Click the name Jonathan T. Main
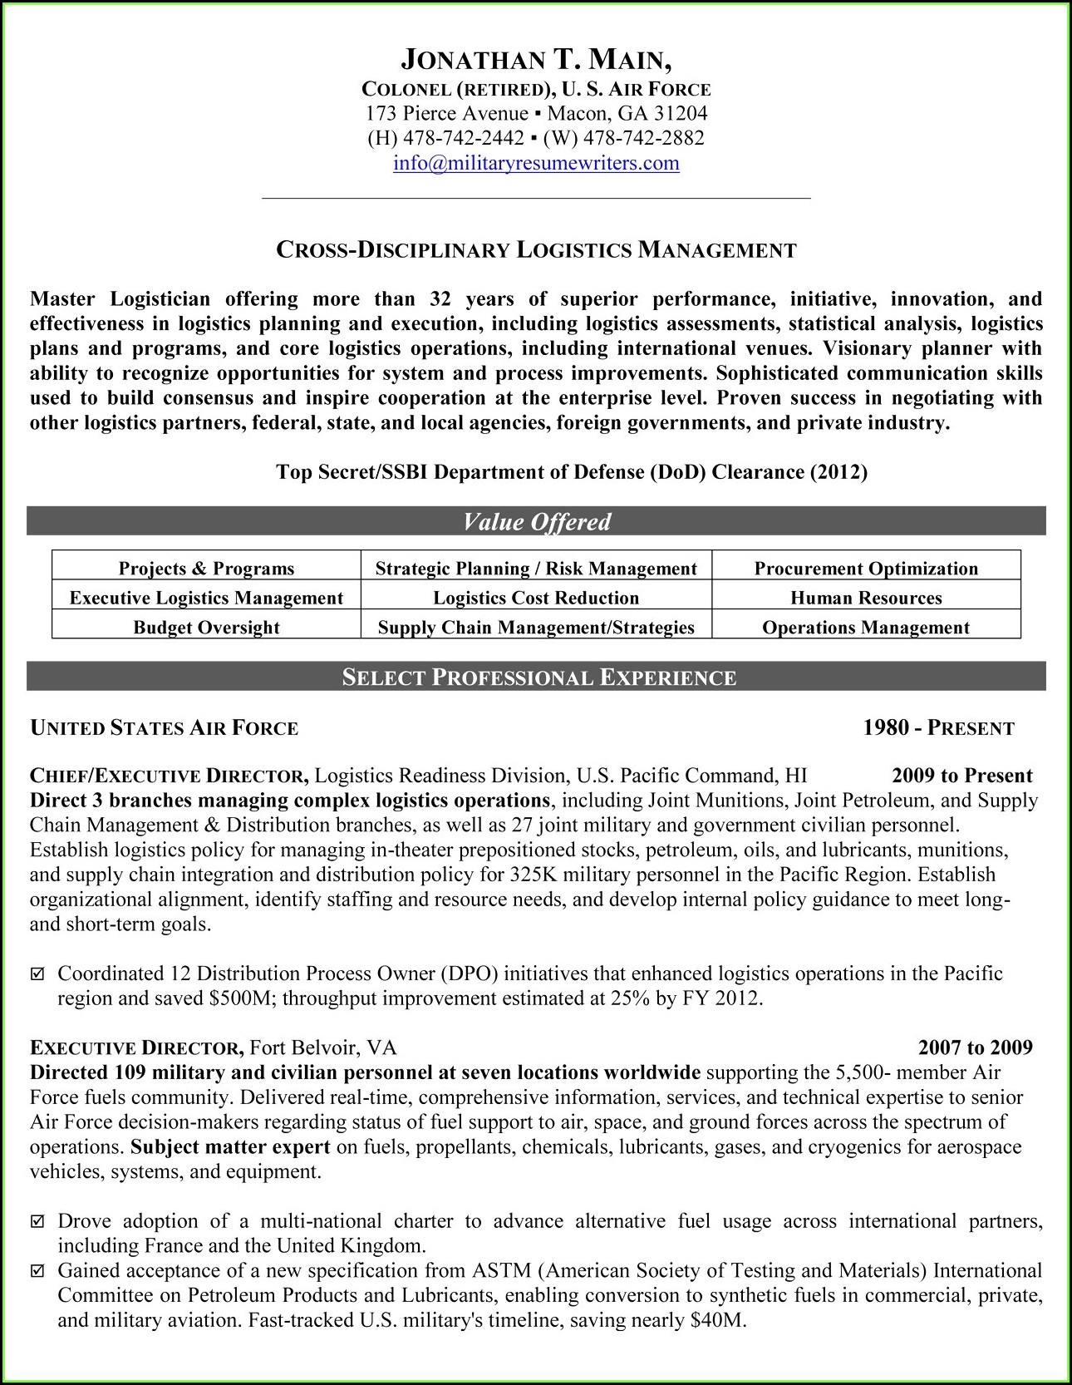click(x=536, y=60)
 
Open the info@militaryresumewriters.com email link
click(x=536, y=163)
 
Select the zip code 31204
click(x=679, y=114)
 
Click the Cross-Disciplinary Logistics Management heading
click(x=536, y=250)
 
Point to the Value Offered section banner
click(x=536, y=522)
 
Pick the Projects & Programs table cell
click(x=206, y=569)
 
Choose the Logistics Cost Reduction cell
click(x=536, y=598)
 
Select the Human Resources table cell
click(x=866, y=598)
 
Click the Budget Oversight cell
click(x=206, y=628)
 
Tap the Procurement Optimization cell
click(x=866, y=569)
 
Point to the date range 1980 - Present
click(x=938, y=729)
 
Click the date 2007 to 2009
click(x=975, y=1047)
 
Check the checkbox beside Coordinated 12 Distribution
click(x=37, y=973)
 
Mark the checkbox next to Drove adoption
click(x=37, y=1222)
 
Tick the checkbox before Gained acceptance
click(x=37, y=1271)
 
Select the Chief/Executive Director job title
click(x=170, y=776)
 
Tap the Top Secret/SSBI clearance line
click(x=571, y=473)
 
